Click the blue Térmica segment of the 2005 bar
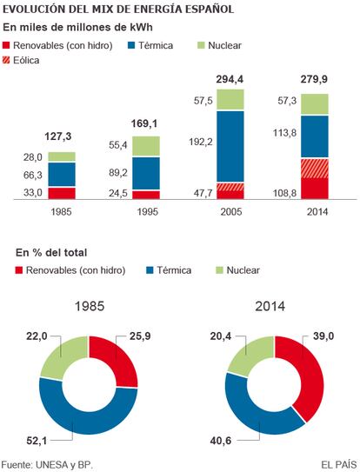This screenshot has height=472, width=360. coord(230,146)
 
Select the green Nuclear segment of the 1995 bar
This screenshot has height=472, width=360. coord(146,146)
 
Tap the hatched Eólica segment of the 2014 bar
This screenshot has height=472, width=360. coord(315,169)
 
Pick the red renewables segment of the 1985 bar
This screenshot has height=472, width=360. coord(62,193)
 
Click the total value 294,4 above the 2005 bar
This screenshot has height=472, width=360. coord(230,79)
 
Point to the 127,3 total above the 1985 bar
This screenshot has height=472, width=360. coord(58,136)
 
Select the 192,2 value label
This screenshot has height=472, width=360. coord(201,142)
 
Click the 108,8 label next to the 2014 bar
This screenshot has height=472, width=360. coord(284,193)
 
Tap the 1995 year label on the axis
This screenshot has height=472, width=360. coord(148,212)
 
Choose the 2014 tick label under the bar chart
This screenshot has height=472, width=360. coord(317,212)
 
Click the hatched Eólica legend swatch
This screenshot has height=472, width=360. coord(6,60)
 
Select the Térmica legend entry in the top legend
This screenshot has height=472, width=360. coord(150,45)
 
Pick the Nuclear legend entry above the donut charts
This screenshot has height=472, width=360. coord(237,270)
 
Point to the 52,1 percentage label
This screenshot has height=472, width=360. coord(37,441)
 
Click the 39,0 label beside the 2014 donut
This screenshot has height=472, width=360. coord(323,336)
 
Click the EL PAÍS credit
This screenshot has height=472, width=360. coord(338,464)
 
